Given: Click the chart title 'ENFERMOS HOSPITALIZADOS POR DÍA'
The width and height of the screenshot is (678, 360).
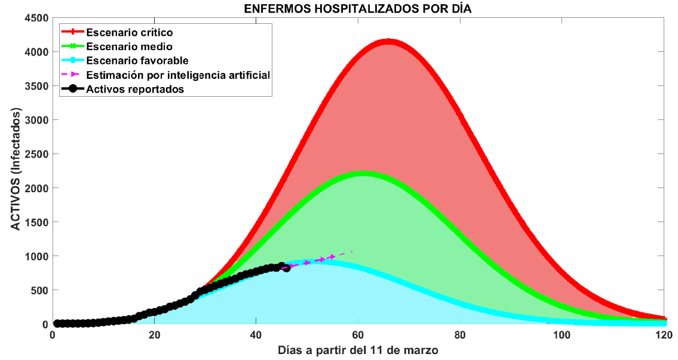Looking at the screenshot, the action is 358,8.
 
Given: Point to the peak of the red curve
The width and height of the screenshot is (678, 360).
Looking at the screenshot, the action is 388,42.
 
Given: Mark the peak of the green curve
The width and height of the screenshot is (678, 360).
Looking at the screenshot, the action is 363,174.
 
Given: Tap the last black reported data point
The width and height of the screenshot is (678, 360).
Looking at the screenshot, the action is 286,268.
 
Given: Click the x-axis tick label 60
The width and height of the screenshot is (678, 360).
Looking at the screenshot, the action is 358,335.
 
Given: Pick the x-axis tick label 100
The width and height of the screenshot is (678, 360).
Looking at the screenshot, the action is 562,335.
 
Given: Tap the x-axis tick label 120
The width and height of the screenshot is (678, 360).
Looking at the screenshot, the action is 664,335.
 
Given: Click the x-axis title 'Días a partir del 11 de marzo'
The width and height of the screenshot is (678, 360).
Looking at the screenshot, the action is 358,350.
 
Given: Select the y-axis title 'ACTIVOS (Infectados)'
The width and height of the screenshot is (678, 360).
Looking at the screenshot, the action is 16,170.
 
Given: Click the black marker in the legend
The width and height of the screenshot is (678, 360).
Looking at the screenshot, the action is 73,89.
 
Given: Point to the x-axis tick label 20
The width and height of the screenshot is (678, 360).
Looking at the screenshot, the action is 154,335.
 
